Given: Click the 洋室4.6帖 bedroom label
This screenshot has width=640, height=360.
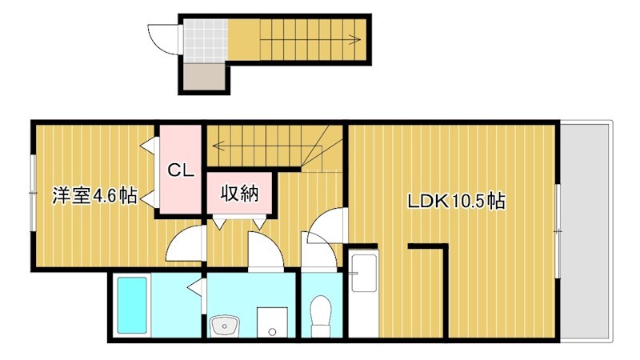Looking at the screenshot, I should point(94,194).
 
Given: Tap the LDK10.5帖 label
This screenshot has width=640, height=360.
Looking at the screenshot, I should point(456,202).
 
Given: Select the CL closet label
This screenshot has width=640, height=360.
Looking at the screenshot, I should point(179,170).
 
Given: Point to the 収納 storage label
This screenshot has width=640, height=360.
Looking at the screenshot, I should point(239,193).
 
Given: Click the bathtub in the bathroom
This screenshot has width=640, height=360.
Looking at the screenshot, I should point(132,304).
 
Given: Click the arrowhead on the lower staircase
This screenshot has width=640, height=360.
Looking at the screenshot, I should point(216,145).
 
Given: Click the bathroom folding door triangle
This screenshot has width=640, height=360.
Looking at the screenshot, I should point(194,286).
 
